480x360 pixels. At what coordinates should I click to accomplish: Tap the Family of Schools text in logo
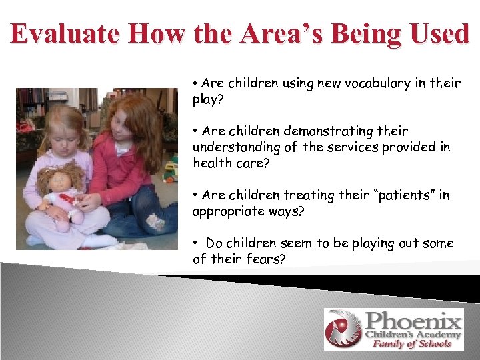(x=411, y=343)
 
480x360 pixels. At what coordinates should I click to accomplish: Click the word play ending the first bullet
(x=205, y=99)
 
